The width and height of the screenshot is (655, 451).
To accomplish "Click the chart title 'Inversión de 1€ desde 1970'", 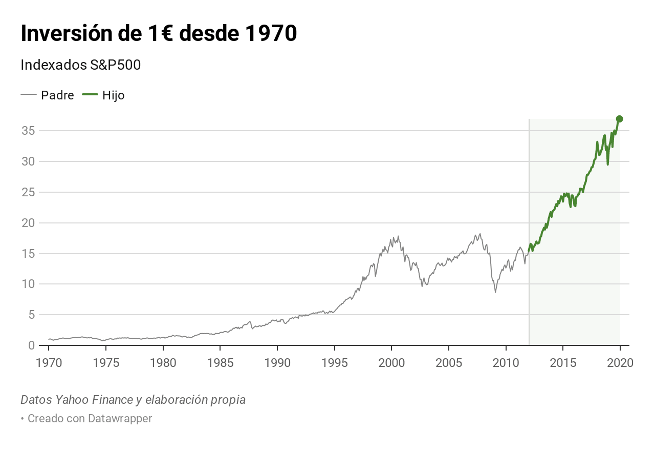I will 159,34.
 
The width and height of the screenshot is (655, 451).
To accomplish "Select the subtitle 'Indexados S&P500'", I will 80,65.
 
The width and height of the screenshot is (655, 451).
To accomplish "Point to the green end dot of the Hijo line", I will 619,119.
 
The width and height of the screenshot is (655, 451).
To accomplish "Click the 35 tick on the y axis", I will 28,131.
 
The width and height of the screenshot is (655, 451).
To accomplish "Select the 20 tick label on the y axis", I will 28,223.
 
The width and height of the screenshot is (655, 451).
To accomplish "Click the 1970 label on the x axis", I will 49,363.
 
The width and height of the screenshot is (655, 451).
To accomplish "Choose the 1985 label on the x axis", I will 220,363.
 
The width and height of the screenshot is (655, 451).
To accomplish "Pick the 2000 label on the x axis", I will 391,363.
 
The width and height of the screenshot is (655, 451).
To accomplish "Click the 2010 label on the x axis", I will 506,363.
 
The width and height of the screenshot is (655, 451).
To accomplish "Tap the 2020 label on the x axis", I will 620,363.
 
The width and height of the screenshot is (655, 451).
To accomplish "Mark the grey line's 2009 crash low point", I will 495,292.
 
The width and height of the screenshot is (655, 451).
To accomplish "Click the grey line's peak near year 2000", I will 398,236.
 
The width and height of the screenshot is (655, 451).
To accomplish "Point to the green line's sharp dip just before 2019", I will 607,165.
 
